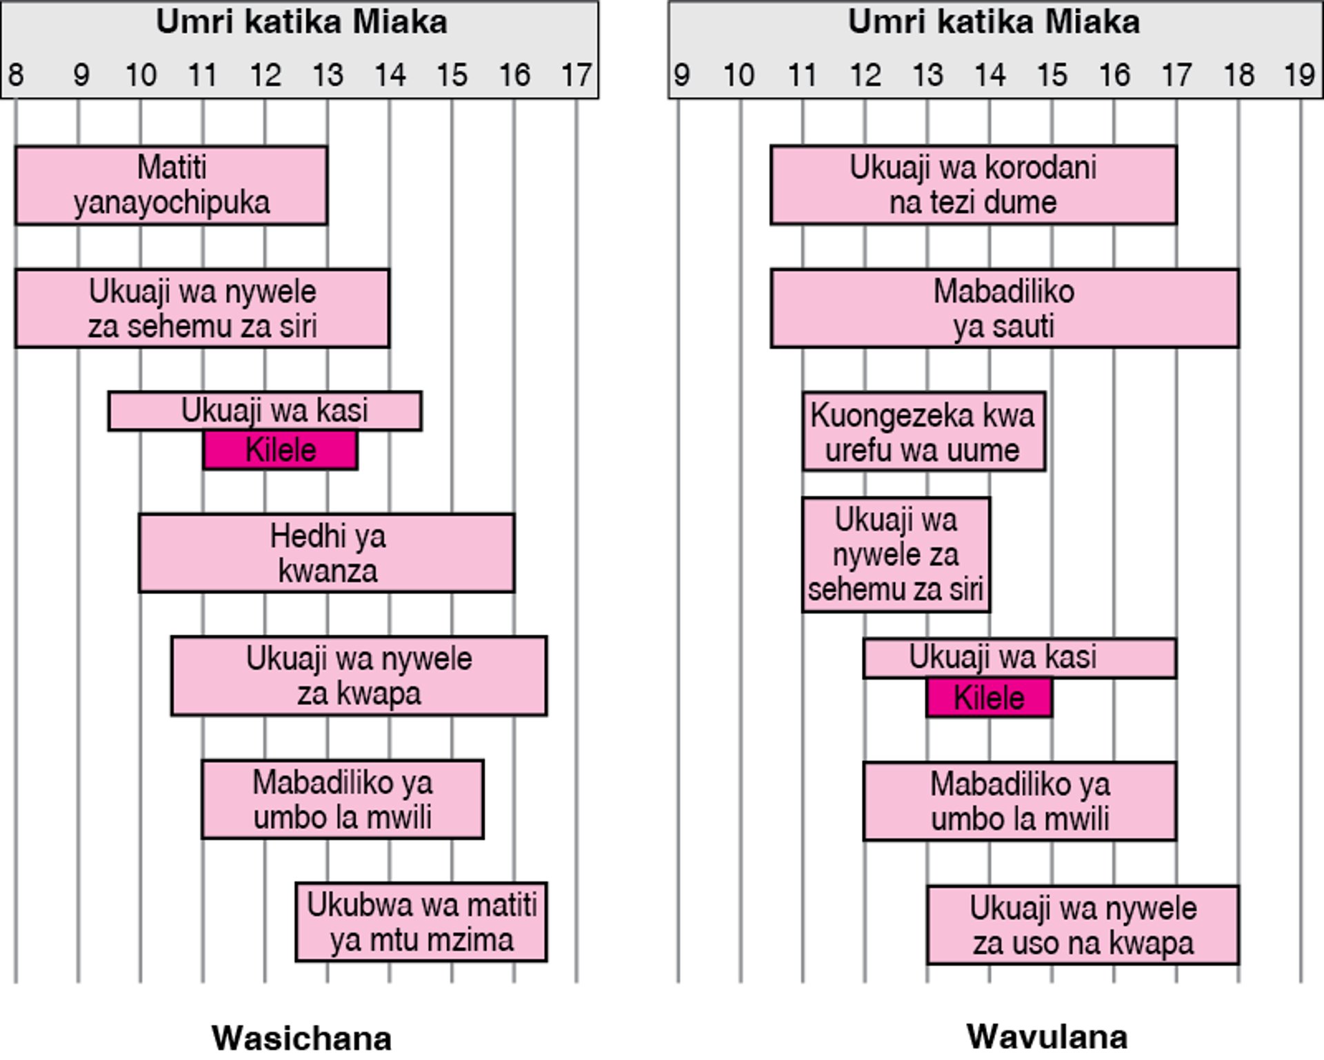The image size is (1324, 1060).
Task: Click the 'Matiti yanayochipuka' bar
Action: (171, 185)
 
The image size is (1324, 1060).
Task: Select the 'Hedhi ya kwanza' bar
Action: (326, 553)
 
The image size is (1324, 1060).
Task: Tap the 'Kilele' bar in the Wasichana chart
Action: (280, 450)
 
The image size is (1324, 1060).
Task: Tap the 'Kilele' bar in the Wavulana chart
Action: (989, 697)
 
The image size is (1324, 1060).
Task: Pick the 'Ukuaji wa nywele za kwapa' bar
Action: (359, 675)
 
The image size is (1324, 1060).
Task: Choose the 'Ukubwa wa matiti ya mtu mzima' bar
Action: (421, 921)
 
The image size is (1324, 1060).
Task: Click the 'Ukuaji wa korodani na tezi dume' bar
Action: (973, 185)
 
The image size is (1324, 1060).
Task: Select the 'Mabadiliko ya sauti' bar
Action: (1004, 308)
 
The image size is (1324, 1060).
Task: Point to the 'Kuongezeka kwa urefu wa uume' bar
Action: (923, 431)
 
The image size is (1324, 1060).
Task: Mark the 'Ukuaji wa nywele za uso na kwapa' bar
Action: (1083, 925)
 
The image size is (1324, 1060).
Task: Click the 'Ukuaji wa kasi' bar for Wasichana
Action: (265, 411)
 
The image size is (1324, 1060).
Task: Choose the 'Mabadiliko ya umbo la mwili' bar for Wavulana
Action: (1019, 801)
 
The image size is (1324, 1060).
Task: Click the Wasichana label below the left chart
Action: (301, 1037)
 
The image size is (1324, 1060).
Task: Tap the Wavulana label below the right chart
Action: (1047, 1036)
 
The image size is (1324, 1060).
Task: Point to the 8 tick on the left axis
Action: (15, 74)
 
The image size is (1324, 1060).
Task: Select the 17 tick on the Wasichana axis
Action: (576, 74)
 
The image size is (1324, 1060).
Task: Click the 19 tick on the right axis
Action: (1300, 74)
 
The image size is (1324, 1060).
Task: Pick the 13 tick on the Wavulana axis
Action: (927, 74)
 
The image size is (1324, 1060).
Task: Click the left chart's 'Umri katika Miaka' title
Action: (301, 22)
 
